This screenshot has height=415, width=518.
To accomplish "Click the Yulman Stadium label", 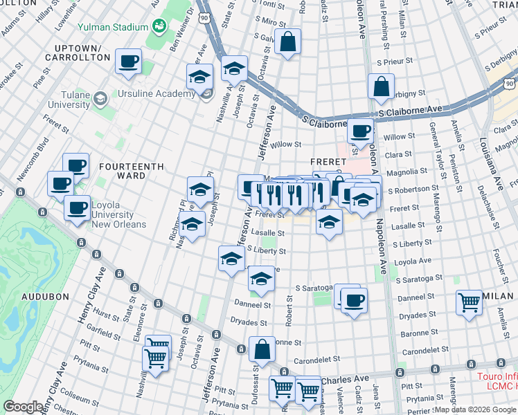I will (113, 27).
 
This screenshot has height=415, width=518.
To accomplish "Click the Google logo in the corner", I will (23, 407).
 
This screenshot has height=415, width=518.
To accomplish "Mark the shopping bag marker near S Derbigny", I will (381, 87).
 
